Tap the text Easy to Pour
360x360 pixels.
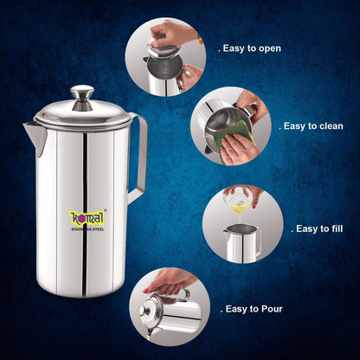(251, 308)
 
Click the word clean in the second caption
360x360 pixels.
(330, 125)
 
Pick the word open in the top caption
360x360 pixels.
(268, 48)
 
